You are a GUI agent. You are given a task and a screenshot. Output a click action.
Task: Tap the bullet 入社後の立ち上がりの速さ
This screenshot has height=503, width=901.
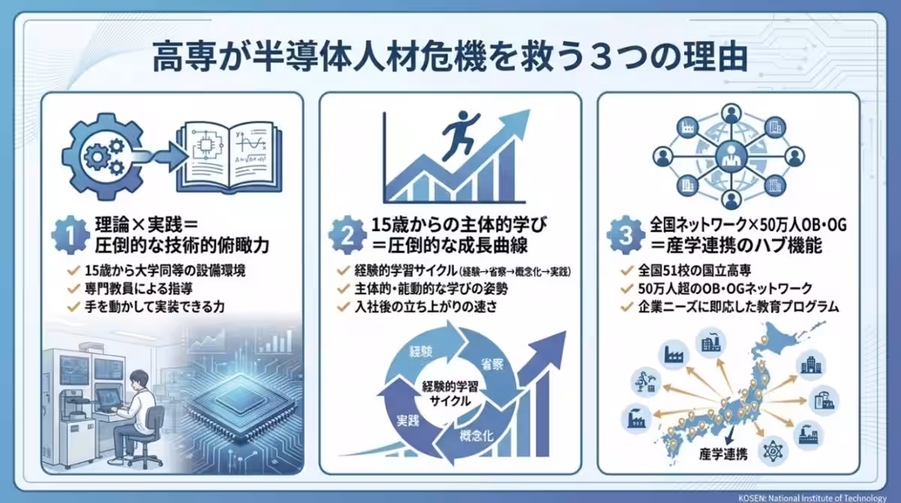tap(421, 306)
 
